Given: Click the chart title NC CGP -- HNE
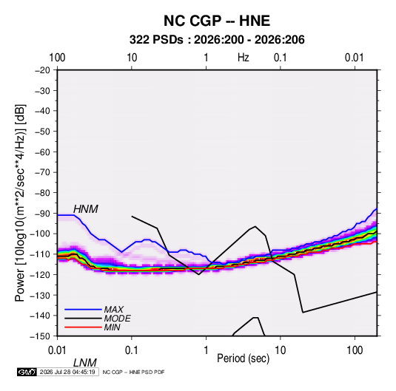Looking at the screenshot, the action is pyautogui.click(x=217, y=21).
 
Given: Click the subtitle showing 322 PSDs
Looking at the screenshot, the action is pyautogui.click(x=217, y=40).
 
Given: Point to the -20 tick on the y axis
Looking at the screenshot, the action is pyautogui.click(x=43, y=70).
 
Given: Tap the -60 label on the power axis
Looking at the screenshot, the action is pyautogui.click(x=43, y=152).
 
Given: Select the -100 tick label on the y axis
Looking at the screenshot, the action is pyautogui.click(x=41, y=234).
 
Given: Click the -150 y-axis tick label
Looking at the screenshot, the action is pyautogui.click(x=41, y=336).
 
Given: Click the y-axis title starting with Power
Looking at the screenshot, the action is pyautogui.click(x=20, y=203).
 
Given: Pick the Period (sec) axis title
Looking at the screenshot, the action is pyautogui.click(x=244, y=358).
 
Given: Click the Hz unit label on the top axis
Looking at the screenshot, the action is pyautogui.click(x=244, y=58).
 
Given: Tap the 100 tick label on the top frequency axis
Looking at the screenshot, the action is pyautogui.click(x=57, y=58).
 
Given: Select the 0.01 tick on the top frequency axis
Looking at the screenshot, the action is pyautogui.click(x=355, y=58).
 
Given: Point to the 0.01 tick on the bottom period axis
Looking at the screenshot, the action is pyautogui.click(x=58, y=350).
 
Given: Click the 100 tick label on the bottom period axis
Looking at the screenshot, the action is pyautogui.click(x=355, y=350).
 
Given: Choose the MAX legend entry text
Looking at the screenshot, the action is pyautogui.click(x=114, y=309).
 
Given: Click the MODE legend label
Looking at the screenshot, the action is pyautogui.click(x=118, y=319).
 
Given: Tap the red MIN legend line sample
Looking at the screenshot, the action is pyautogui.click(x=83, y=327).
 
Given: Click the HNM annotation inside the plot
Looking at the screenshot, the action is pyautogui.click(x=86, y=209).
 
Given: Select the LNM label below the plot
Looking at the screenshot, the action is pyautogui.click(x=85, y=363).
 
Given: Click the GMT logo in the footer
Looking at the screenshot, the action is pyautogui.click(x=27, y=372).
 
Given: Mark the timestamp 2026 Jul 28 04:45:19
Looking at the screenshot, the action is pyautogui.click(x=67, y=372).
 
